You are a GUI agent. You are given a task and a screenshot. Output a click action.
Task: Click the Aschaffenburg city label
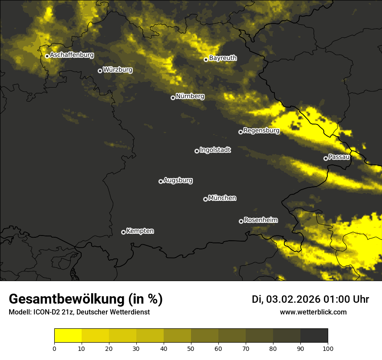tap(72, 55)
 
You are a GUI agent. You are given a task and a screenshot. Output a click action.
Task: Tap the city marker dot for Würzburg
tap(100, 71)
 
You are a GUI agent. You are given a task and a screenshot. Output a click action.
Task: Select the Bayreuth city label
tap(223, 58)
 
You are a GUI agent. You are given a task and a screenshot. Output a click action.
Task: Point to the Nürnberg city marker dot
tap(173, 98)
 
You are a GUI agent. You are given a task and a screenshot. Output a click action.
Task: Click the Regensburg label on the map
tap(261, 130)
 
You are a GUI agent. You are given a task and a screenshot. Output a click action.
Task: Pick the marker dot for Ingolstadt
tap(197, 151)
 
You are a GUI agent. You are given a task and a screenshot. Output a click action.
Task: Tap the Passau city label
tap(339, 157)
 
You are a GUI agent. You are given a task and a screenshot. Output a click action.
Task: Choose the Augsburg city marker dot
tap(161, 181)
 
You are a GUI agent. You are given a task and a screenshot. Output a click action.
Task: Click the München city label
tap(222, 198)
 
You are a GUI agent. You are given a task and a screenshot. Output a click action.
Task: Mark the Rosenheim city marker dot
tap(241, 221)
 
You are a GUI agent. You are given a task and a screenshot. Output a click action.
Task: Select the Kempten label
tap(140, 231)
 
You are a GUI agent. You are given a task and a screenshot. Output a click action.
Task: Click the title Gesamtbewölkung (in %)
tap(86, 299)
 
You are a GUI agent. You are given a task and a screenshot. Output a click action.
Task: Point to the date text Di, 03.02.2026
tap(286, 299)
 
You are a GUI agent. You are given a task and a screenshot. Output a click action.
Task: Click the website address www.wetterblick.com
tap(313, 312)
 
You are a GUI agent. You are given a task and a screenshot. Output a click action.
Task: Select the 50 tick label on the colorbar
tap(191, 348)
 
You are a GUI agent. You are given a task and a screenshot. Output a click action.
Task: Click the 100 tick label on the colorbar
tap(327, 348)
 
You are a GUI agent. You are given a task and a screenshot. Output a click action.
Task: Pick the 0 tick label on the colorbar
tap(54, 348)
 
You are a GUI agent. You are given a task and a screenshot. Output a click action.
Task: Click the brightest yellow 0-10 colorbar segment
tap(68, 336)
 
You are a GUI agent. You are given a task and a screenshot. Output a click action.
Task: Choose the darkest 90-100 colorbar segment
tap(314, 336)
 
